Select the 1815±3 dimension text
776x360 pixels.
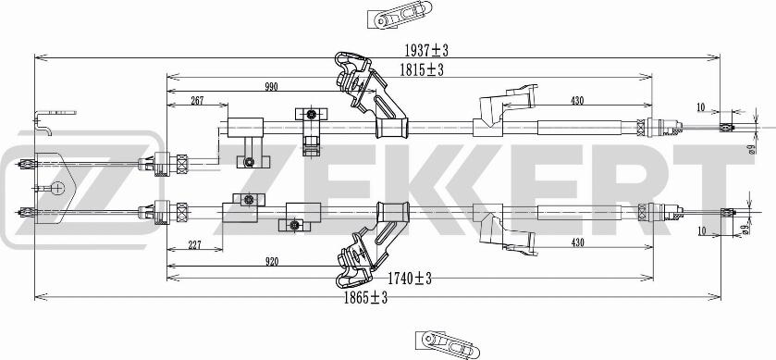(423, 70)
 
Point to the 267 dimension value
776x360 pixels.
(197, 101)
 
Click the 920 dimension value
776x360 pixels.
(271, 262)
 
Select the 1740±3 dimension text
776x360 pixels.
(411, 277)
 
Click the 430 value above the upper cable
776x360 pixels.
(577, 100)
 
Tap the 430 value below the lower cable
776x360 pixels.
(577, 243)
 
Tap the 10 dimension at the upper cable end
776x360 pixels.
(701, 107)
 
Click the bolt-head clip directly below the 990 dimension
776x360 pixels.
(312, 115)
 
